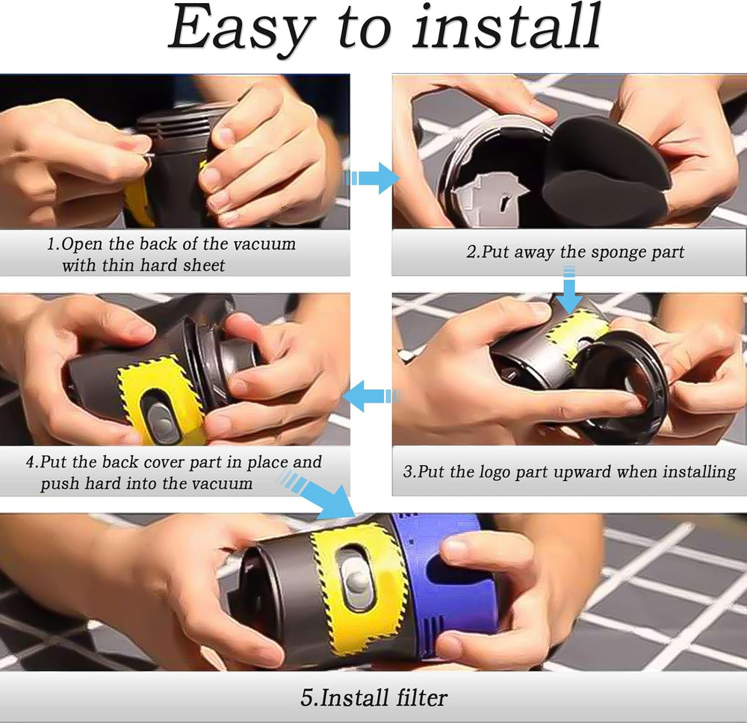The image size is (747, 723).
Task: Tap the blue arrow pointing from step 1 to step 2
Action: coord(372,179)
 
